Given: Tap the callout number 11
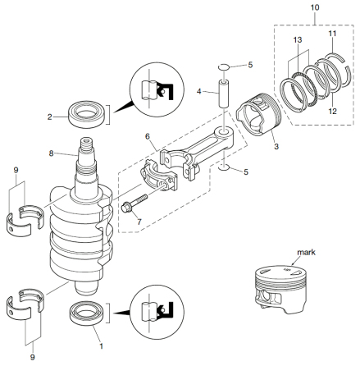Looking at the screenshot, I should (x=332, y=35).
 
